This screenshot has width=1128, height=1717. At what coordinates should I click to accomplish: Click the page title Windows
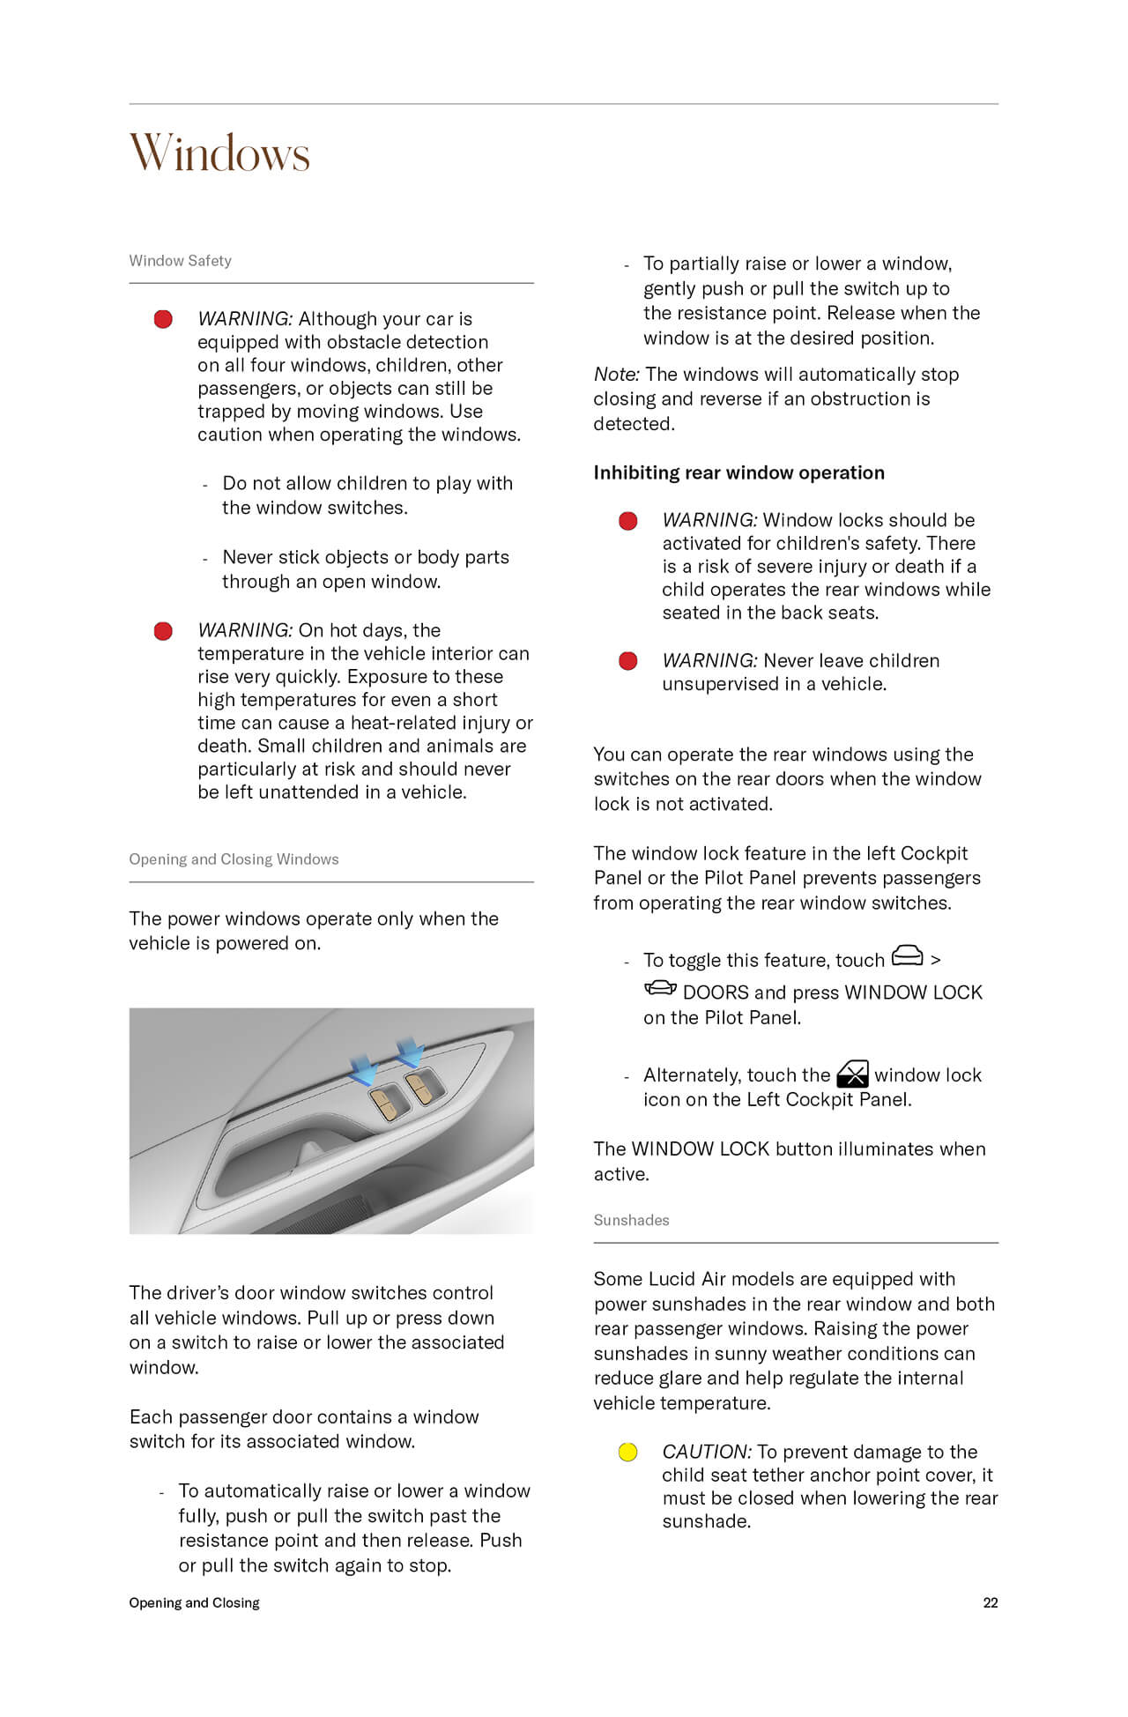(x=219, y=153)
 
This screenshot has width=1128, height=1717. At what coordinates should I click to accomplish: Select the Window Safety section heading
(x=180, y=261)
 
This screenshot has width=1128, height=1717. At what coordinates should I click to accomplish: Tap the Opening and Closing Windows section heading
(x=234, y=859)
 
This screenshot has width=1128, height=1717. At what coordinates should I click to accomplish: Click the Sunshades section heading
(x=631, y=1220)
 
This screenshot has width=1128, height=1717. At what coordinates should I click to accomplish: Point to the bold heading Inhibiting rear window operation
(x=738, y=472)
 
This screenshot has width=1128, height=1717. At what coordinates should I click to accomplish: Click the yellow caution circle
(x=627, y=1452)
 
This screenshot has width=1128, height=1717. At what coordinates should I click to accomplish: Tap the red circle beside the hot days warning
(x=163, y=631)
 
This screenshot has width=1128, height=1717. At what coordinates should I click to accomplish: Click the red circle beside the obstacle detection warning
(x=163, y=319)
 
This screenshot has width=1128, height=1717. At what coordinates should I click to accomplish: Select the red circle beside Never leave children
(x=627, y=661)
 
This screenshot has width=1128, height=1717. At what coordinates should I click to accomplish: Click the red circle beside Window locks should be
(x=627, y=521)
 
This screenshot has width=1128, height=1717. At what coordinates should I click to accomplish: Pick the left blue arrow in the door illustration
(x=364, y=1070)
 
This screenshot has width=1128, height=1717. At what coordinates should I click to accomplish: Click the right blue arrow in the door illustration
(x=410, y=1052)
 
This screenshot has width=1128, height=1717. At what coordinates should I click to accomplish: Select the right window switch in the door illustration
(x=421, y=1087)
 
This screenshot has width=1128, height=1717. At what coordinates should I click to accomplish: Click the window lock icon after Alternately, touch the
(x=852, y=1074)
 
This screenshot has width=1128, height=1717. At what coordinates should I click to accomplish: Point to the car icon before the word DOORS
(x=660, y=988)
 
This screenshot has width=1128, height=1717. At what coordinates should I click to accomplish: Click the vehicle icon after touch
(x=908, y=956)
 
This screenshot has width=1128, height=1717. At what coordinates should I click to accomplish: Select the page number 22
(x=991, y=1602)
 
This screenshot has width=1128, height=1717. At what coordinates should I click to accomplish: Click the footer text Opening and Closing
(x=194, y=1602)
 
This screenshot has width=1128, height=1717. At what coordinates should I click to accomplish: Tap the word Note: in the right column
(x=616, y=375)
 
